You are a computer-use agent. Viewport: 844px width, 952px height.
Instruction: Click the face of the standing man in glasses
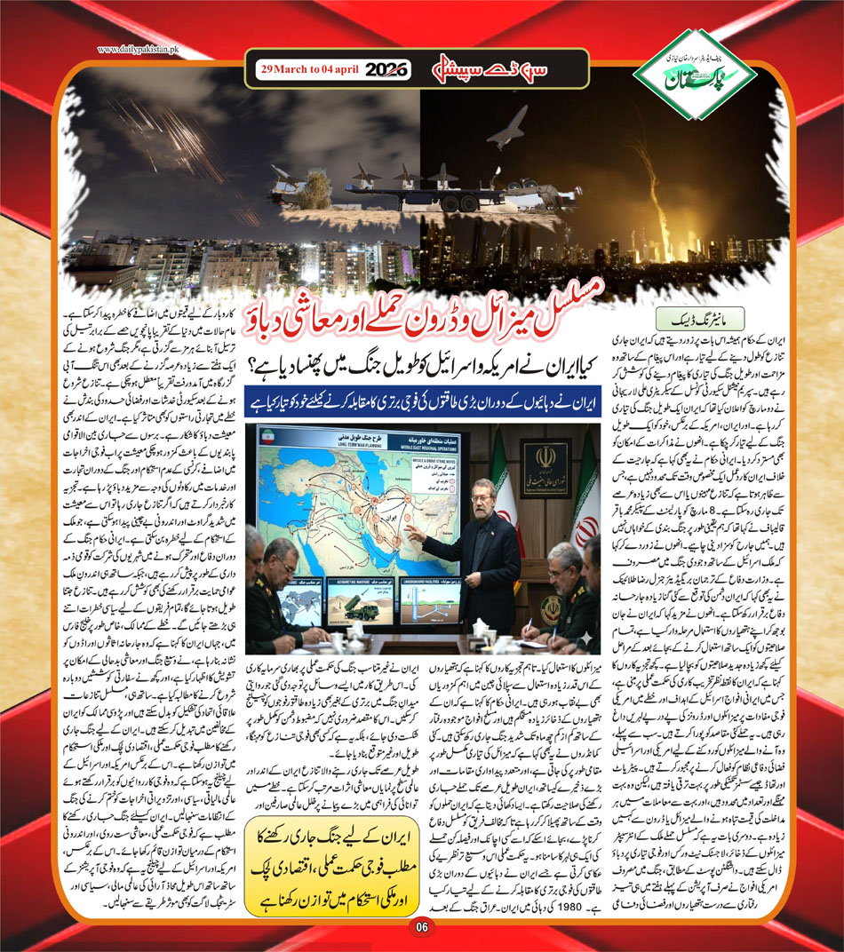pyautogui.click(x=473, y=496)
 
